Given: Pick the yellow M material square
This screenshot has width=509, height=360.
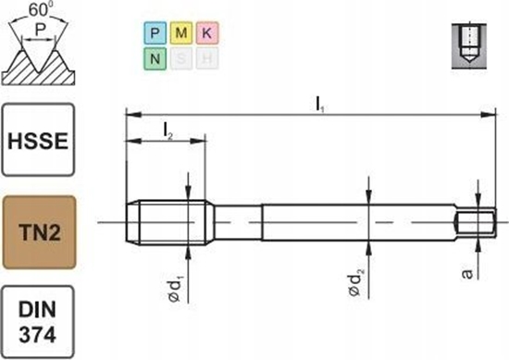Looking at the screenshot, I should click(x=180, y=33).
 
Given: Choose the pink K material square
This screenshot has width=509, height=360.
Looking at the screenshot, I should click(x=206, y=33).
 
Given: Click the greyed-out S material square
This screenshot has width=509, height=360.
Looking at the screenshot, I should click(x=180, y=59).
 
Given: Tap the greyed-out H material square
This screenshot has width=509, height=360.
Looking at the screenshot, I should click(x=206, y=59).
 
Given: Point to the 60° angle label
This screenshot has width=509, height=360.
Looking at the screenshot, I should click(x=37, y=8).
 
